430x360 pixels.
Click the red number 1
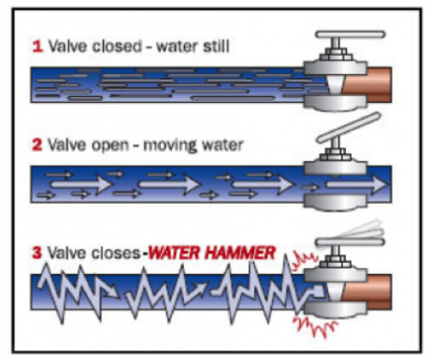[x=37, y=47]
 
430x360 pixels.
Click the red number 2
[x=37, y=145]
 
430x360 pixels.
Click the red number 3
[x=36, y=252]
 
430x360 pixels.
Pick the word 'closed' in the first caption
[x=117, y=46]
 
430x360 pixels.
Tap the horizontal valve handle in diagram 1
[x=351, y=35]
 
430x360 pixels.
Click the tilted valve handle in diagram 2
[x=349, y=128]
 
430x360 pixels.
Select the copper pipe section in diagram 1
[x=367, y=85]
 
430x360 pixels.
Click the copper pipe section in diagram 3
[x=367, y=292]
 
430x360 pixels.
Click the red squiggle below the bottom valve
[x=314, y=326]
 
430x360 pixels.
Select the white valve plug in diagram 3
[x=335, y=293]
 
